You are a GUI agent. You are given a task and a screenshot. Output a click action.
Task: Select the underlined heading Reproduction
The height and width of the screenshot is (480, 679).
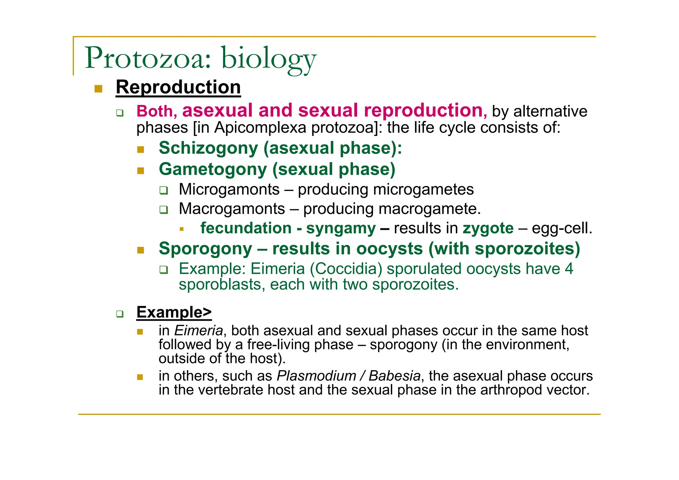[x=178, y=87]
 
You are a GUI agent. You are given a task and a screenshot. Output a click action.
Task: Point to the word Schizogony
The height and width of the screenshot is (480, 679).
[x=208, y=148]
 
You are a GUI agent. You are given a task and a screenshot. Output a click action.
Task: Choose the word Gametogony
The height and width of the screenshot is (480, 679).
[x=213, y=169]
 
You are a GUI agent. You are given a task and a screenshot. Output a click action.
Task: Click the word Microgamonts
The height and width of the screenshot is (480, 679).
[x=229, y=189]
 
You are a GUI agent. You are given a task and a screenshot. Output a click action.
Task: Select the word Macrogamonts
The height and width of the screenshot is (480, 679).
[x=232, y=209]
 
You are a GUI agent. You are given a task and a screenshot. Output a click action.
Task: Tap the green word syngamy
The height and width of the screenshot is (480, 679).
[x=340, y=229]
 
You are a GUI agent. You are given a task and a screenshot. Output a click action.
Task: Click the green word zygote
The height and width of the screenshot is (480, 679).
[x=488, y=229]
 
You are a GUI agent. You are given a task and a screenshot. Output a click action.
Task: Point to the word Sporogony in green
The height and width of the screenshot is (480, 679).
[x=205, y=249]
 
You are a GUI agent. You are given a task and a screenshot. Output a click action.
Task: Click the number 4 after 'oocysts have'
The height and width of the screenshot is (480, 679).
[x=569, y=269]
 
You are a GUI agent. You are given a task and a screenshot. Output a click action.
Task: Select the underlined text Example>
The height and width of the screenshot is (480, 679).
[x=174, y=312]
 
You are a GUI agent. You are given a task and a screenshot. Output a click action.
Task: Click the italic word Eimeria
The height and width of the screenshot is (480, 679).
[x=198, y=331]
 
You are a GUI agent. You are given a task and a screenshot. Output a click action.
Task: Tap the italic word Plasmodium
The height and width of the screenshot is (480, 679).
[x=316, y=376]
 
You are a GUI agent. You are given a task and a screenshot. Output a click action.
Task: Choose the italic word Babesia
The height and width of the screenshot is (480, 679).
[x=394, y=376]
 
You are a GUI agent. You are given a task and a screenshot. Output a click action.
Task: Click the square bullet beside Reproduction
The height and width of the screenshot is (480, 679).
[x=98, y=89]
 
